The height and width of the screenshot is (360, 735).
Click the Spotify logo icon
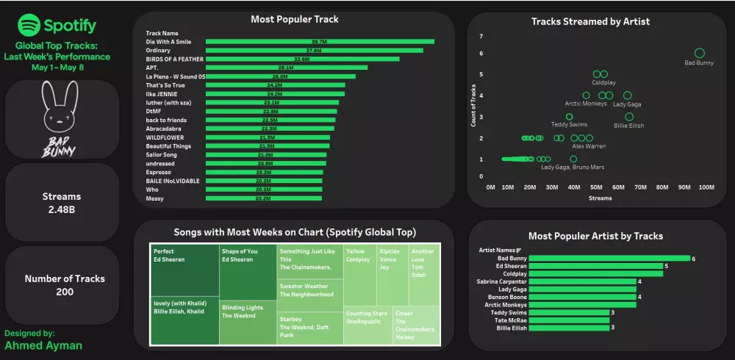pos(29,26)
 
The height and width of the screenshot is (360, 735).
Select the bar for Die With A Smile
pos(320,42)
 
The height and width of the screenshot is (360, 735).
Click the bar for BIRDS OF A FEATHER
pos(302,59)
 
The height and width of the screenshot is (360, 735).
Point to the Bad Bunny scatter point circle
pos(699,53)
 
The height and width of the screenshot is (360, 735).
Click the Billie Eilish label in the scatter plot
pos(628,126)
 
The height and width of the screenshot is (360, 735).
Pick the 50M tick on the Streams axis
pos(597,187)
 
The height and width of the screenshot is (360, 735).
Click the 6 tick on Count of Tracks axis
pos(481,53)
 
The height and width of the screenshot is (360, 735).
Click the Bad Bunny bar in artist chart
pos(609,258)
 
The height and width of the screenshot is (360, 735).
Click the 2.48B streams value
pos(62,210)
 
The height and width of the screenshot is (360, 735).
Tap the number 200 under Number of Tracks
pos(64,292)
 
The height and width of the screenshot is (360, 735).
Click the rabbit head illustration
pos(61,105)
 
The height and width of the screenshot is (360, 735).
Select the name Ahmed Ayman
pos(43,345)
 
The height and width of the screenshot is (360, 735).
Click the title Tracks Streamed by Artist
pos(590,21)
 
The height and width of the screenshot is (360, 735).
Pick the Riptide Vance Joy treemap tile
pos(392,276)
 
